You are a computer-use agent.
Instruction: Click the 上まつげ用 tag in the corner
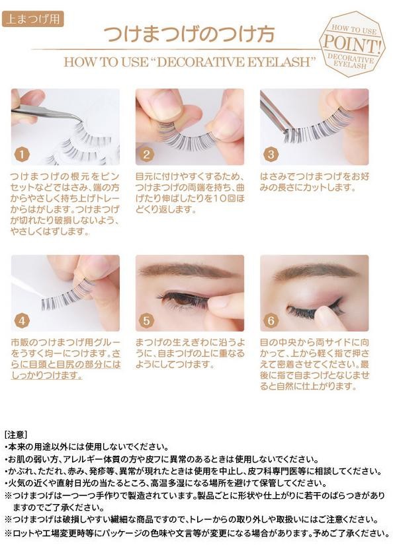[33, 18]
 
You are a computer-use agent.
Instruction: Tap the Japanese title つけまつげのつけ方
[190, 34]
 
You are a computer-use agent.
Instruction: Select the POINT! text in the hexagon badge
[351, 44]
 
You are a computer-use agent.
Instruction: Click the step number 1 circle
[22, 154]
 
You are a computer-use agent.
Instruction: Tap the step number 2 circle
[146, 154]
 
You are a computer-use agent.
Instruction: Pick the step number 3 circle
[271, 154]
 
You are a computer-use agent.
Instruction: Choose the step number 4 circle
[22, 320]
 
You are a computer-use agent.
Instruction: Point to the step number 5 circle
[146, 320]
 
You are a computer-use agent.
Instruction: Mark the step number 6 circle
[271, 320]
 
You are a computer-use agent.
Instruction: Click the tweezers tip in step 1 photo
[79, 121]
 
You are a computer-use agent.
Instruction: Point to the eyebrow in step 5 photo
[185, 270]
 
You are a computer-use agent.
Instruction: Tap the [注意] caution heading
[16, 435]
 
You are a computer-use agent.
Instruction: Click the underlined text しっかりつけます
[46, 376]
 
